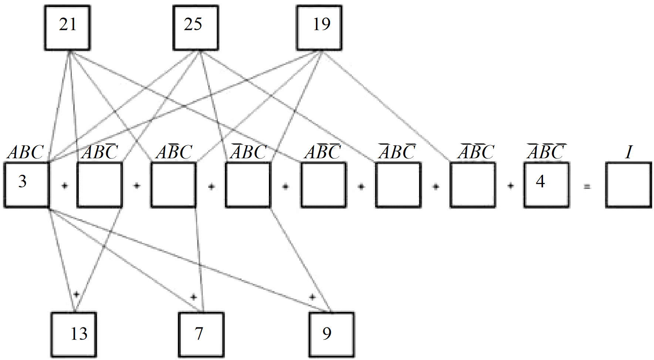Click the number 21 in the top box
click(68, 25)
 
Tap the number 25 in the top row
click(193, 24)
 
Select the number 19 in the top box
click(321, 24)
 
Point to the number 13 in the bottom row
click(79, 334)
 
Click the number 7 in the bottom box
click(199, 334)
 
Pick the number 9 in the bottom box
click(327, 334)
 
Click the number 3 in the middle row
click(23, 181)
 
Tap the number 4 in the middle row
click(540, 181)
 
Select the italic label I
click(629, 152)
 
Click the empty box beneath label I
click(628, 185)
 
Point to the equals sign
click(587, 187)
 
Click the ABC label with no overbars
click(26, 152)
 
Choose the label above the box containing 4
click(546, 152)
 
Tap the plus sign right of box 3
click(65, 186)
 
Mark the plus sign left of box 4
click(510, 186)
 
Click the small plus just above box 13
click(76, 294)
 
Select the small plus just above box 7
click(193, 297)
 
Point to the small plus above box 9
click(312, 297)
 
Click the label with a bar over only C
click(100, 152)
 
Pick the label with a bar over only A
click(248, 152)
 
